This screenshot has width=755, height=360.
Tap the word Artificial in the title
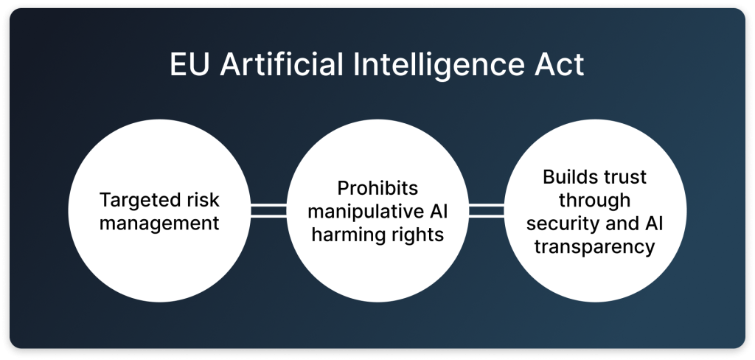point(281,64)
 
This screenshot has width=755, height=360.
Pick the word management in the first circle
point(159,224)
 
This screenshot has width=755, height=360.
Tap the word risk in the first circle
point(202,199)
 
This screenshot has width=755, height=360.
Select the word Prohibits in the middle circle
point(377,188)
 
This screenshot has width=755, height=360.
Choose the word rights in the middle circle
point(418,235)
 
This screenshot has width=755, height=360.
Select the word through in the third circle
point(595,200)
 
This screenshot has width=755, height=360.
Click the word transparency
point(595,246)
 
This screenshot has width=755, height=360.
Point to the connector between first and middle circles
point(268,210)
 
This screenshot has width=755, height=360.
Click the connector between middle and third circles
point(487,210)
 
